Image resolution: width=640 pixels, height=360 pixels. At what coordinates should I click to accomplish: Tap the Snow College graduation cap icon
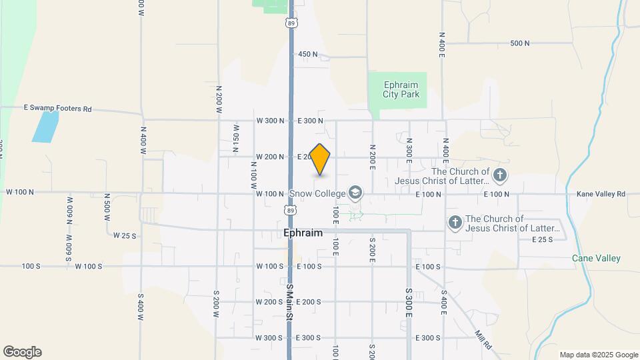pos(355,193)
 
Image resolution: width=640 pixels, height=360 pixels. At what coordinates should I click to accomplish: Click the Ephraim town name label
pos(303,233)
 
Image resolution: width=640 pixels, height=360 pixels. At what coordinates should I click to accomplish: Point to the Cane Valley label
pos(596,258)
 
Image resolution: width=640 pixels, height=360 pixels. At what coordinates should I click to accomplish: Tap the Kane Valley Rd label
pos(601,194)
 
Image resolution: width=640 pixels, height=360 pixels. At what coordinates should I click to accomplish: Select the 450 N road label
pos(308,54)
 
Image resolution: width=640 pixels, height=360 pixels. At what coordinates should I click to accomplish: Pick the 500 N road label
pos(519,43)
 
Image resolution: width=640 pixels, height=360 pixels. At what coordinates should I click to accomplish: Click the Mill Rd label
pos(484,341)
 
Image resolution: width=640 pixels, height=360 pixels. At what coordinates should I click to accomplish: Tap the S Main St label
pos(290,303)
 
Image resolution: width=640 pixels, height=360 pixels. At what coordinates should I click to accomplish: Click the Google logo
pos(22,352)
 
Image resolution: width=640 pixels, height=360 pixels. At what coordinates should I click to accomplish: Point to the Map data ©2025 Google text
pos(598,355)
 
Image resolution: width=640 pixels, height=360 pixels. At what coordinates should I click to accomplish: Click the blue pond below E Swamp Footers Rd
pos(45,127)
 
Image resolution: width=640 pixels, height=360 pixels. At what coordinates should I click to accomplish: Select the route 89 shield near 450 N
pos(291,23)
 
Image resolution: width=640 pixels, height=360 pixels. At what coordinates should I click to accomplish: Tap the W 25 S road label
pos(124,235)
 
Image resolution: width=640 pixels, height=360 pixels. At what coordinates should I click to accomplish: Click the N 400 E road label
pos(441,45)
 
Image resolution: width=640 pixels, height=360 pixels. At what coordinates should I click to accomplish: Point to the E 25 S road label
pos(543,239)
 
